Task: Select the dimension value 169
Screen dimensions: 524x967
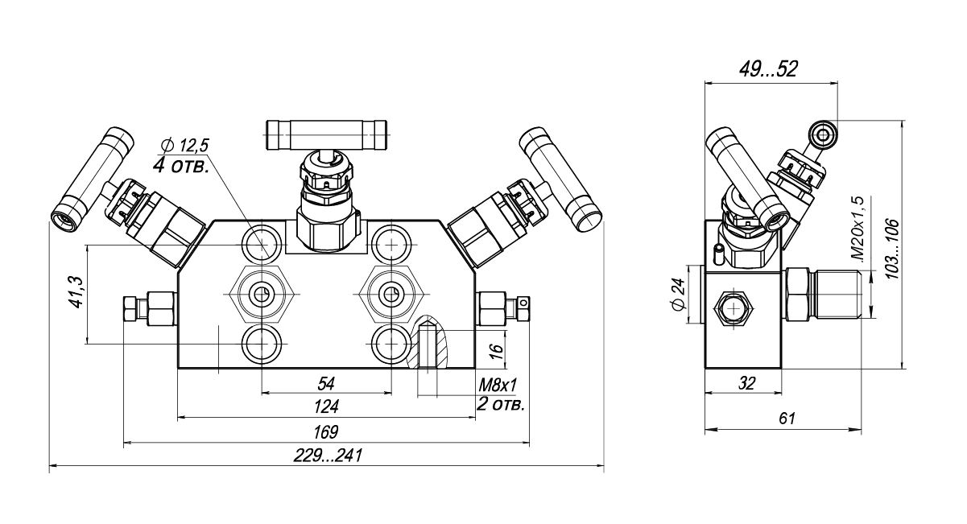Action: click(x=326, y=431)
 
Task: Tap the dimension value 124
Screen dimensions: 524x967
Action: click(x=326, y=406)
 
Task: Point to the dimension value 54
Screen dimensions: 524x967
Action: click(x=326, y=382)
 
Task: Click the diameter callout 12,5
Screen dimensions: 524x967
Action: click(x=184, y=146)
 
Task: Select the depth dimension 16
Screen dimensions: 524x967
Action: click(x=497, y=350)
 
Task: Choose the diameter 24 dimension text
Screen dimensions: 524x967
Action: click(x=676, y=295)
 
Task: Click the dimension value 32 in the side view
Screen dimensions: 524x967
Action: click(x=746, y=384)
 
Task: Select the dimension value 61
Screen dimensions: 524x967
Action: click(x=787, y=419)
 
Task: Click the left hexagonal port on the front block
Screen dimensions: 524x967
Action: click(x=259, y=293)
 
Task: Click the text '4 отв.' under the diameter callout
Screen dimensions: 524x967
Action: click(x=180, y=167)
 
